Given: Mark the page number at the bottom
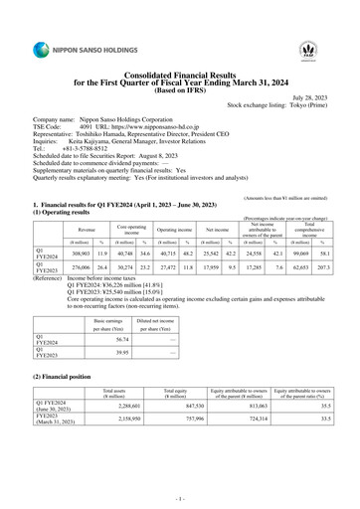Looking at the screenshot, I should [180, 494].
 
